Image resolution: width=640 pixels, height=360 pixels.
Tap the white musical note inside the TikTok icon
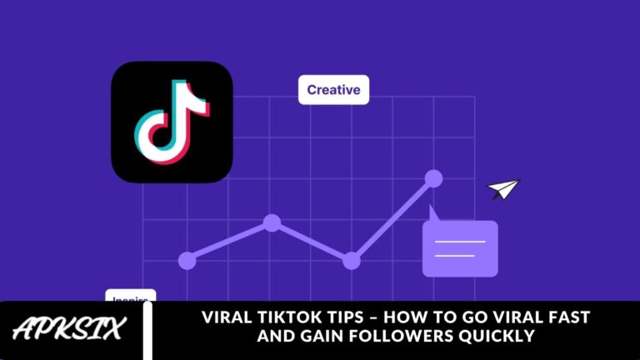172,122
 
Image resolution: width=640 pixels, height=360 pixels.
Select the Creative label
333,89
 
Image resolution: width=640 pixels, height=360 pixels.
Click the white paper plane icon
503,189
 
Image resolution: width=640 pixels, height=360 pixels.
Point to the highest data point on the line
433,177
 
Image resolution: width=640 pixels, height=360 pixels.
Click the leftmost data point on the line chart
187,261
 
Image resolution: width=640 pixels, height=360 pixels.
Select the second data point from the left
272,222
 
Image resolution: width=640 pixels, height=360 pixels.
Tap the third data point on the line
352,261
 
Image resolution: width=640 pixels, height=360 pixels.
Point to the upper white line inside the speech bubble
460,242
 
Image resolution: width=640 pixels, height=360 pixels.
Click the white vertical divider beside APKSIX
148,331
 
